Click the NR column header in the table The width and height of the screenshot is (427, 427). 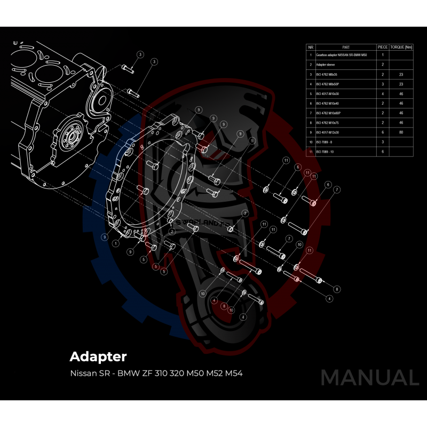(311, 47)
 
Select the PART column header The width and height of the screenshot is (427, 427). (345, 47)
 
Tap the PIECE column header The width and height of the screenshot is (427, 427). (383, 47)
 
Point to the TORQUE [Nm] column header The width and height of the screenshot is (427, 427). (402, 47)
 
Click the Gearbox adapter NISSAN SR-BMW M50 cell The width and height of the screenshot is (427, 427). (342, 55)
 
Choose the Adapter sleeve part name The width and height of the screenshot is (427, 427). (326, 64)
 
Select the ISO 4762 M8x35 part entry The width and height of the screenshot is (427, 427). (327, 74)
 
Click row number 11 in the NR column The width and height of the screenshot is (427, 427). (311, 152)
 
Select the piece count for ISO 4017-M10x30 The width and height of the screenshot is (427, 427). (383, 93)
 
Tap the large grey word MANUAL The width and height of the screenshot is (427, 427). (369, 377)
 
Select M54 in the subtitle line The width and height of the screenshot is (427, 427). (233, 372)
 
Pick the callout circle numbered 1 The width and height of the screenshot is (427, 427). (116, 243)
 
